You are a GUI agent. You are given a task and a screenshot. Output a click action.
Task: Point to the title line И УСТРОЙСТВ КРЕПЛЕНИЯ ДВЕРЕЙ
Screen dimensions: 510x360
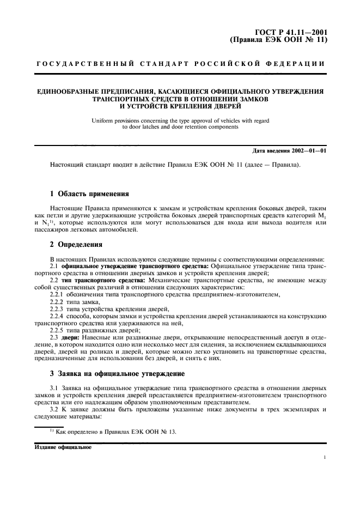(180, 106)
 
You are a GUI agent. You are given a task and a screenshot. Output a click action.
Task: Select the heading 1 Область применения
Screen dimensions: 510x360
(89, 193)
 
